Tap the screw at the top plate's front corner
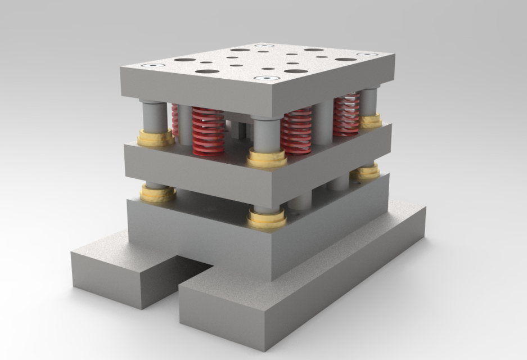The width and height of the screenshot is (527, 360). pos(268,78)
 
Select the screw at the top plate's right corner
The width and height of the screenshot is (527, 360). pos(367,55)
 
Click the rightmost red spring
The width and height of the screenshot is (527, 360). pos(346,116)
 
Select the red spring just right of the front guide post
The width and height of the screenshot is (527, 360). pos(296,131)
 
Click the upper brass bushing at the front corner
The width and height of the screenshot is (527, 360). pos(267,159)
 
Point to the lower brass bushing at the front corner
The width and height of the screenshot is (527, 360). pos(266,219)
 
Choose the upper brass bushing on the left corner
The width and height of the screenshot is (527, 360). pos(156,137)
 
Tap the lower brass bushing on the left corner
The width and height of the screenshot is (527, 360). pos(158,193)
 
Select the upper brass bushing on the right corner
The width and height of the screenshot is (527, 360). pos(371,121)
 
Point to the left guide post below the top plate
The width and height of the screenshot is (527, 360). pos(154,116)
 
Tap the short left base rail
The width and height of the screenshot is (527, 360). pos(124,276)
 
